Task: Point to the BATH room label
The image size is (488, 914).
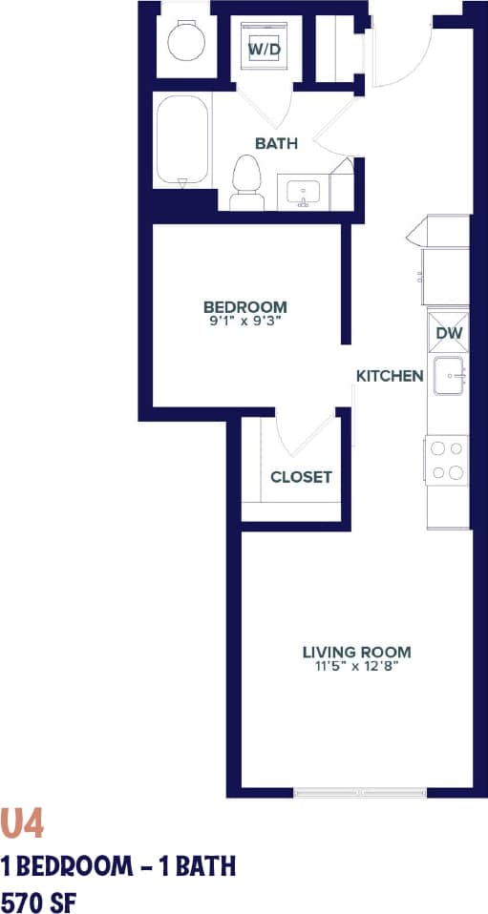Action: pyautogui.click(x=276, y=144)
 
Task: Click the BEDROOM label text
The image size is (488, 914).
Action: pyautogui.click(x=244, y=306)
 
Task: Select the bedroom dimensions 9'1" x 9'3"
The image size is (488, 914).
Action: pyautogui.click(x=244, y=321)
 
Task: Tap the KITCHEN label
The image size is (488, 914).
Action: pyautogui.click(x=390, y=376)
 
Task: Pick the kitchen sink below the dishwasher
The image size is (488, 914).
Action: pyautogui.click(x=448, y=376)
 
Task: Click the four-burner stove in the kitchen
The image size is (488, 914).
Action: pyautogui.click(x=447, y=460)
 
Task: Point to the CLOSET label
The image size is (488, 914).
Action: pyautogui.click(x=301, y=477)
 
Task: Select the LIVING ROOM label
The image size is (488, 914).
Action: pyautogui.click(x=356, y=653)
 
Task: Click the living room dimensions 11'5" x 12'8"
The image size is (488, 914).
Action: pyautogui.click(x=356, y=667)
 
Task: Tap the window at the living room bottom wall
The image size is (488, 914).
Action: pyautogui.click(x=359, y=792)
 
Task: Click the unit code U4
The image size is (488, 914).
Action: pyautogui.click(x=22, y=823)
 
